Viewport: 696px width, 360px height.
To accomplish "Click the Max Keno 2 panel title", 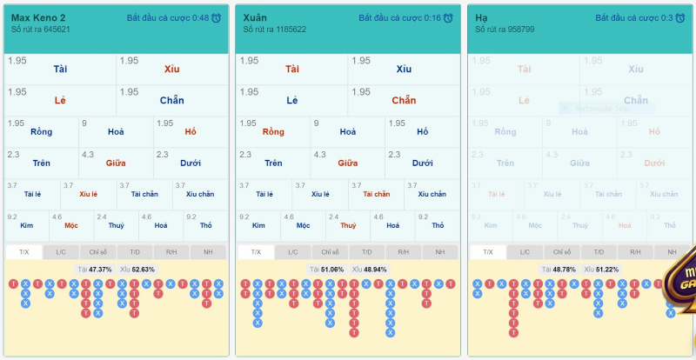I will point(38,17).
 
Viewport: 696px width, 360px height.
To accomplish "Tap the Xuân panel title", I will point(255,17).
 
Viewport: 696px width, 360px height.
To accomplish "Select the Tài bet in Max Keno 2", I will point(60,69).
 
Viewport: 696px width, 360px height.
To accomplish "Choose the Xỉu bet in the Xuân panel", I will point(404,69).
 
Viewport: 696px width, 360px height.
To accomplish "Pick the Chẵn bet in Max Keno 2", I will point(171,101).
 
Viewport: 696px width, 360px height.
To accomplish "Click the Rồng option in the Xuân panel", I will point(273,132).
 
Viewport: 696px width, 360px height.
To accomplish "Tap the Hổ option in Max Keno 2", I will point(191,132).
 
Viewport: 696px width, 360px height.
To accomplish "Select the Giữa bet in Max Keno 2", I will point(116,163).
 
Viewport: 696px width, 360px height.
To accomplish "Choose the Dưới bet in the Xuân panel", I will point(423,163).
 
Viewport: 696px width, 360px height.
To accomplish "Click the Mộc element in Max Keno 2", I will point(71,225).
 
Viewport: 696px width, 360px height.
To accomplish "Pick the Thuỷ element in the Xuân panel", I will point(348,225).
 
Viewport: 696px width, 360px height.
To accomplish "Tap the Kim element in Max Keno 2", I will point(26,225).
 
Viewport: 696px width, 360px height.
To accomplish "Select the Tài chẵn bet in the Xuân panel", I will point(376,194).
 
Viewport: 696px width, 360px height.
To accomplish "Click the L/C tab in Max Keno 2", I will point(60,252).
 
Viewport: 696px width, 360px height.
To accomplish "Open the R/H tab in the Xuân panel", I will point(404,252).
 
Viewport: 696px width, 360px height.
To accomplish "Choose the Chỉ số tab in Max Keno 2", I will point(97,252).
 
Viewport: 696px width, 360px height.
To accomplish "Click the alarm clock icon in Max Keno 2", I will point(217,17).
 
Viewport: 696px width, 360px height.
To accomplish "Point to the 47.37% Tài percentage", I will point(101,270).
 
